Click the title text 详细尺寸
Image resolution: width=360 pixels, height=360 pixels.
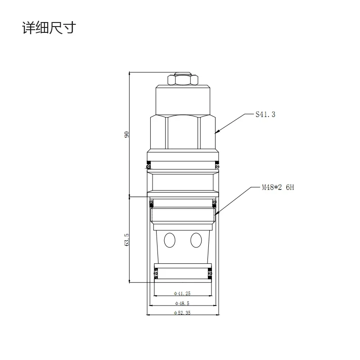pos(49,28)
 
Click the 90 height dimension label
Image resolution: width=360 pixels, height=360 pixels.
pos(127,134)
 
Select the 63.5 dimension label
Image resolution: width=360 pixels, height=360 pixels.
pos(127,239)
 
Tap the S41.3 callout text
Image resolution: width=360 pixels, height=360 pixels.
pos(265,115)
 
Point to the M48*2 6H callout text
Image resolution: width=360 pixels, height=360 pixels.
pos(278,187)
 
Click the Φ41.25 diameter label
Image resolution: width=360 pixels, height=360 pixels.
pos(182,293)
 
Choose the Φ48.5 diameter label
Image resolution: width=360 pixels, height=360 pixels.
pos(182,303)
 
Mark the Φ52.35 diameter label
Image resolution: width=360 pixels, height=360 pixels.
pos(182,313)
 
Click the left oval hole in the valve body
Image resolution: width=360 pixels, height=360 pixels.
pos(170,240)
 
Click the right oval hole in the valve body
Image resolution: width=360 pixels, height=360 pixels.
pos(195,240)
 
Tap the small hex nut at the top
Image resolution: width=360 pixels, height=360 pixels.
pos(183,80)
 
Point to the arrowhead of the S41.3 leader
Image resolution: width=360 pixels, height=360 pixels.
pos(216,132)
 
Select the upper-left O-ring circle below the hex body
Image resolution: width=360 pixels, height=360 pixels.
pos(148,166)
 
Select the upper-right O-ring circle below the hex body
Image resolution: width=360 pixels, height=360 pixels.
pos(217,166)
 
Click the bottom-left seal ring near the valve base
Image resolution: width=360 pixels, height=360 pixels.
pos(156,272)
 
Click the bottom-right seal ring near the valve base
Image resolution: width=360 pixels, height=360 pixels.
pos(209,272)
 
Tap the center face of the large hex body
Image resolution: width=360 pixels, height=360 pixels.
pos(182,133)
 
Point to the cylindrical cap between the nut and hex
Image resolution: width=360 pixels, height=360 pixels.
pos(183,100)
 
